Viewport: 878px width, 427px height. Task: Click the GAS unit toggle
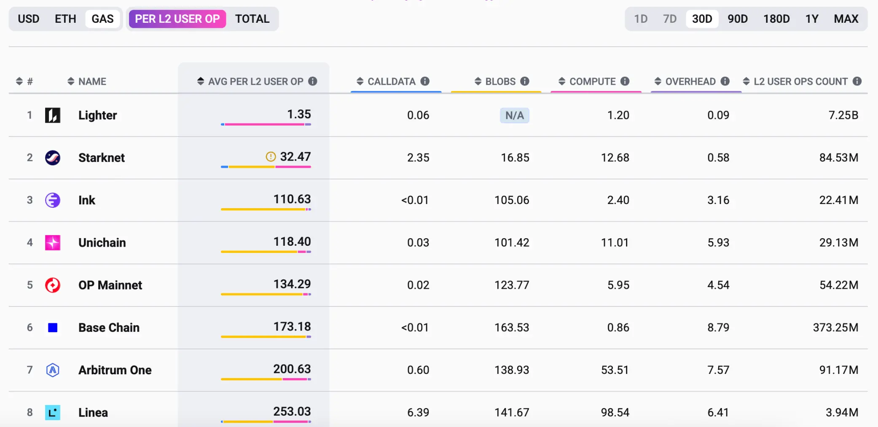coord(102,19)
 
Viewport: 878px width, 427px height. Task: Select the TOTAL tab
coord(252,19)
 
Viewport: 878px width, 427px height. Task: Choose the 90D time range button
coord(737,19)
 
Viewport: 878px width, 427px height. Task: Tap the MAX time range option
coord(846,19)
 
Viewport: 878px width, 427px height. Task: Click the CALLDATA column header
coord(391,81)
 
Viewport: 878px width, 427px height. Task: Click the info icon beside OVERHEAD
coord(725,81)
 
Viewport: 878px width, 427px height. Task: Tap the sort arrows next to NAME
coord(71,81)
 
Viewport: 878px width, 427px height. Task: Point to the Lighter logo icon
coord(53,115)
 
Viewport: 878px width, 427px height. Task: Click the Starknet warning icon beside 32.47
coord(271,157)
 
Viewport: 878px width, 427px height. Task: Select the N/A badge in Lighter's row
coord(514,115)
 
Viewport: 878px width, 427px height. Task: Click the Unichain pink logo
coord(53,243)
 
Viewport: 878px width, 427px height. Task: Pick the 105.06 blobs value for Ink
coord(512,200)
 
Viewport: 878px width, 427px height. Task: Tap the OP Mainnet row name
coord(110,285)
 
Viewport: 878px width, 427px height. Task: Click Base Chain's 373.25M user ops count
coord(835,328)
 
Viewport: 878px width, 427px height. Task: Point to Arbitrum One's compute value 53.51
coord(615,370)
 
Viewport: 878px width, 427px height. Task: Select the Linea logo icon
coord(53,412)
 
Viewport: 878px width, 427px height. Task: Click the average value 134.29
coord(292,284)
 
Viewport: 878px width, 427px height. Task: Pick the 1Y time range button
coord(811,19)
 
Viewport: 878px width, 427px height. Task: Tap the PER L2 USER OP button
coord(177,19)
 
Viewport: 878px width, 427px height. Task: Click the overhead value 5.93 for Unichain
coord(718,243)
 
